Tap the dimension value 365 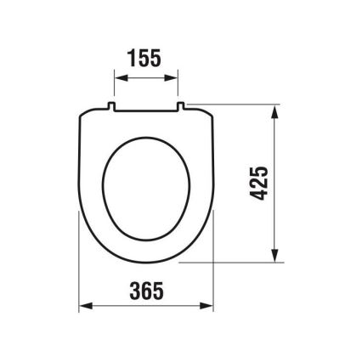(x=145, y=291)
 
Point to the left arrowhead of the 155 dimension (x=118, y=78)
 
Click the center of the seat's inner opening (x=145, y=187)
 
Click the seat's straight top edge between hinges (x=145, y=109)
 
